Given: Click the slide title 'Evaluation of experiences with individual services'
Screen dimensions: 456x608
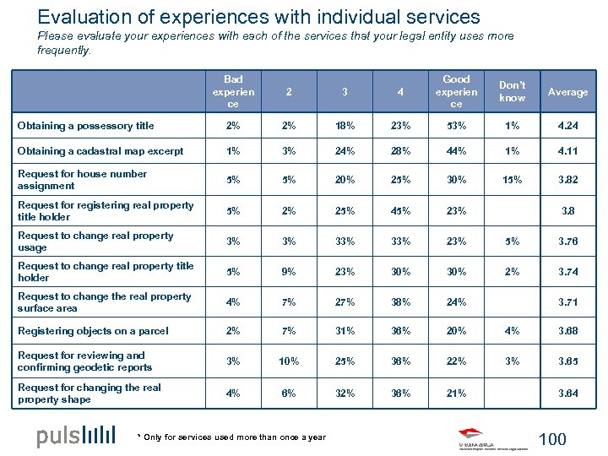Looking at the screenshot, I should tap(259, 16).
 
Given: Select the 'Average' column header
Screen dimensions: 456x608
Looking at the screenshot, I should tap(567, 92).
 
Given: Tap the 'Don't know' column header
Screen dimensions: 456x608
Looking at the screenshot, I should tap(512, 92).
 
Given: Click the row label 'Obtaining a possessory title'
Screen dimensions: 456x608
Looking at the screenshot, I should tap(86, 126).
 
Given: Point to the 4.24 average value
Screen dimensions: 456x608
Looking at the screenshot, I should tap(567, 126).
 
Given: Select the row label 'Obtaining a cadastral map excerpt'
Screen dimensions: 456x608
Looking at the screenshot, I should tap(100, 151).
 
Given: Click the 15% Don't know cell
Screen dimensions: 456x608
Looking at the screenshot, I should tap(512, 179).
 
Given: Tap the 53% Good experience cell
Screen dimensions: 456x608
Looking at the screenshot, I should tap(456, 126).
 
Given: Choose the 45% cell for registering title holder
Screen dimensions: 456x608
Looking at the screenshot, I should tap(401, 210).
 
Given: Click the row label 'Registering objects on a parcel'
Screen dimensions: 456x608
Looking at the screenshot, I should tap(93, 331).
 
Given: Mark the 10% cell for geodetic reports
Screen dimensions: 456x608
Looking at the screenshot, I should tap(289, 361).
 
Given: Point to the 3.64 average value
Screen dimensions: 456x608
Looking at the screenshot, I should tap(567, 393).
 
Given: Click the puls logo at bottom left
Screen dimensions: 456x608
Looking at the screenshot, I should tap(76, 437).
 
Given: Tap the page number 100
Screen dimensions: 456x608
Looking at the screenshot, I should tap(552, 439).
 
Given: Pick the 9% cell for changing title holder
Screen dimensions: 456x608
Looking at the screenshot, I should tap(289, 271).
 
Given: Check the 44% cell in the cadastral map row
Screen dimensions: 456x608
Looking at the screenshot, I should tap(456, 151).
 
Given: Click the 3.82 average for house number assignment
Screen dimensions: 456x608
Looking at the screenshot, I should tap(567, 179).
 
